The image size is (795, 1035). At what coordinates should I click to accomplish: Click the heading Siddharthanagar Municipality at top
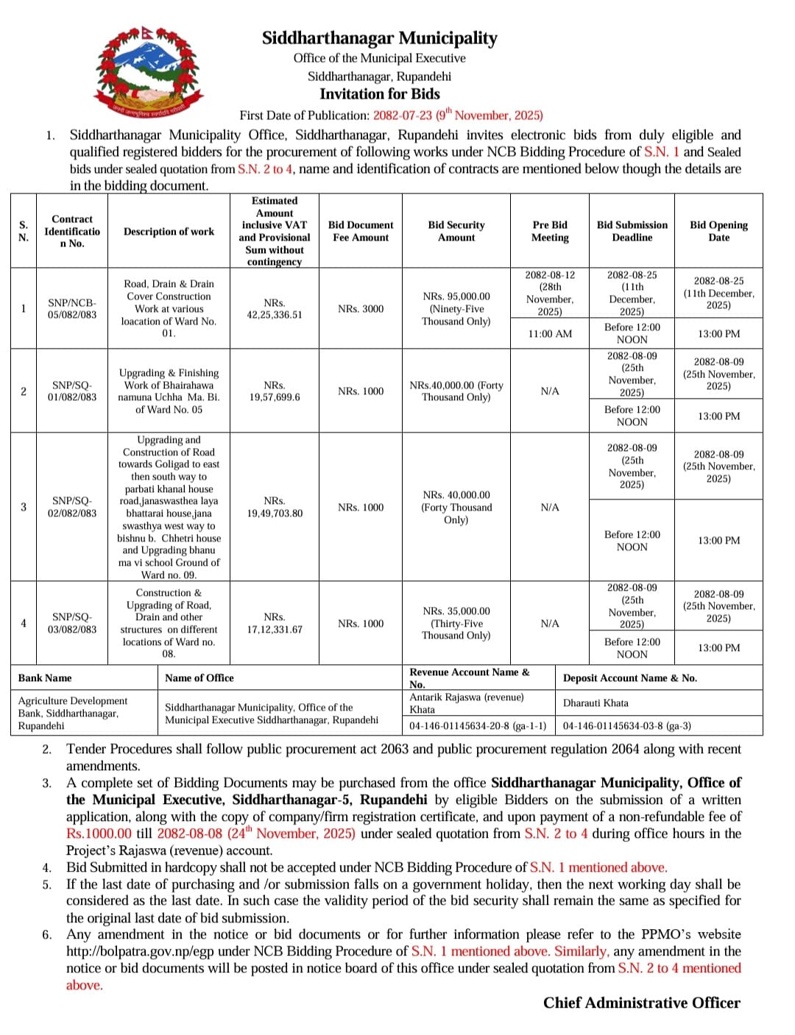coord(379,38)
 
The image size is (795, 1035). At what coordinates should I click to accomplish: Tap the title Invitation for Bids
coord(379,94)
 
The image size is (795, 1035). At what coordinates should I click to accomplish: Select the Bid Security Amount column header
coord(456,231)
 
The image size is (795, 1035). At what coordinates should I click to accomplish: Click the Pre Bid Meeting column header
coord(550,231)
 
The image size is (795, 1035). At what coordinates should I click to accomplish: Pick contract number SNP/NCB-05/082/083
coord(72,308)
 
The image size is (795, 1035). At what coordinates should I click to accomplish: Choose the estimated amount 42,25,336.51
coord(274,309)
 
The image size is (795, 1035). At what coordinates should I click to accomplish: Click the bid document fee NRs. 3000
coord(361,309)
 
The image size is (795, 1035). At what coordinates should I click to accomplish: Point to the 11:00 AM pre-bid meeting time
coord(550,334)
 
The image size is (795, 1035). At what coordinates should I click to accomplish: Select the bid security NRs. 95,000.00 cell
coord(456,309)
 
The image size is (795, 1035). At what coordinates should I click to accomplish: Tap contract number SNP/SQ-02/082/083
coord(72,507)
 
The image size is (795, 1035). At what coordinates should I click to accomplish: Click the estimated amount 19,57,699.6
coord(274,391)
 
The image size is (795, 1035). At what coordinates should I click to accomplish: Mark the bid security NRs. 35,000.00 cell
coord(456,623)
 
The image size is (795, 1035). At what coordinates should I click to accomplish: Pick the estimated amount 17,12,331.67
coord(274,623)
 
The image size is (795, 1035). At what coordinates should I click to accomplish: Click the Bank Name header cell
coord(45,678)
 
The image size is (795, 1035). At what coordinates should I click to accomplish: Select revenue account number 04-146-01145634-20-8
coord(477,726)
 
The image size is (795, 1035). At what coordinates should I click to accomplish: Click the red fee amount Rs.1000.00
coord(99,833)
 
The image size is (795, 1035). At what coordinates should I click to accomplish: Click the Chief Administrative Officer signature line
coord(641,1003)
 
